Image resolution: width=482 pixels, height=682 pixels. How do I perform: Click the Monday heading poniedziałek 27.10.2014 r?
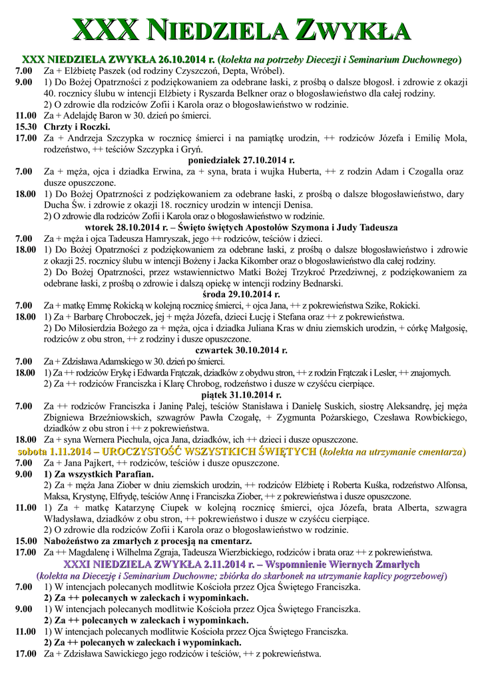(241, 161)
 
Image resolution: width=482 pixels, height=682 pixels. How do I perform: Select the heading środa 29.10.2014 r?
(241, 294)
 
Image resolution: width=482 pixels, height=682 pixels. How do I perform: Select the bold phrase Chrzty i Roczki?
(77, 127)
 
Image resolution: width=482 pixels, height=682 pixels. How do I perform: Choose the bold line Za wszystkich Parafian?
(99, 474)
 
